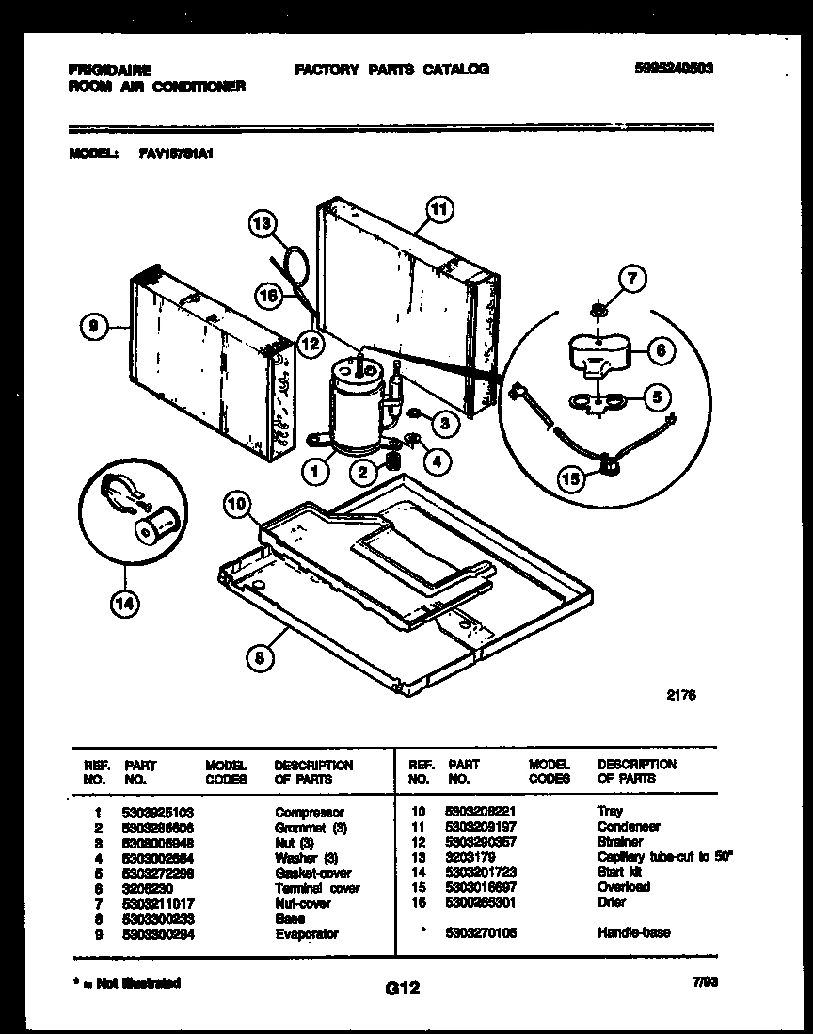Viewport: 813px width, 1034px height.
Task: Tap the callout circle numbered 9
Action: pyautogui.click(x=91, y=327)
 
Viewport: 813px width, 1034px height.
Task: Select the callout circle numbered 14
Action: pyautogui.click(x=122, y=606)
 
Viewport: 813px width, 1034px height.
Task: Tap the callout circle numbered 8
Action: pyautogui.click(x=261, y=658)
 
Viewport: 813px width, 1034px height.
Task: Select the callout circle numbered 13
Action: pyautogui.click(x=263, y=224)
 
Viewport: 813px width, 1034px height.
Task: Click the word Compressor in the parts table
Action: pyautogui.click(x=309, y=812)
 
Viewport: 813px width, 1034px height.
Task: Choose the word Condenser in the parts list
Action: pyautogui.click(x=628, y=827)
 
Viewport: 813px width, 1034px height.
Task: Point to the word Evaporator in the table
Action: pyautogui.click(x=306, y=933)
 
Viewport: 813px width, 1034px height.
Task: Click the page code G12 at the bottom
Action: pyautogui.click(x=402, y=988)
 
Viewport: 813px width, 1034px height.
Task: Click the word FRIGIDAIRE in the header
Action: pyautogui.click(x=111, y=70)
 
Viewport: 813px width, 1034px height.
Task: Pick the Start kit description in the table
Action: pyautogui.click(x=615, y=872)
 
